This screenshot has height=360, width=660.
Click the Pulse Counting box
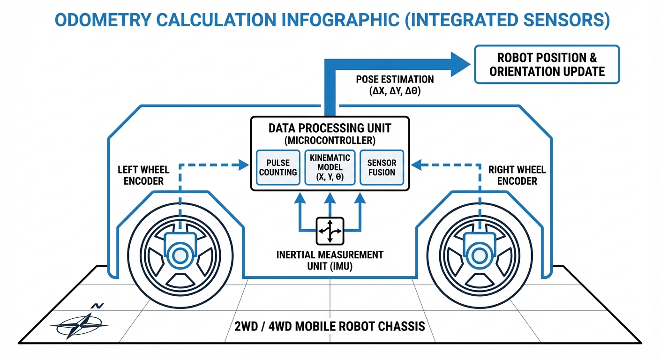[278, 168]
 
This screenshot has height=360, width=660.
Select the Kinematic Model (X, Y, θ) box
[330, 168]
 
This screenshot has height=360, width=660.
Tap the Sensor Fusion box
[382, 168]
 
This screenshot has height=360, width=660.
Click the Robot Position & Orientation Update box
[547, 64]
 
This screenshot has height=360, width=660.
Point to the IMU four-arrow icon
[330, 231]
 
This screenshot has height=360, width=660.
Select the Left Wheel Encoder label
[143, 175]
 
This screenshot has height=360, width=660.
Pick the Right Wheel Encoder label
[517, 175]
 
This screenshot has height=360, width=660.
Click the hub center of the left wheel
[179, 255]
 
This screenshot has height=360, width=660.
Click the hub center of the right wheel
[479, 255]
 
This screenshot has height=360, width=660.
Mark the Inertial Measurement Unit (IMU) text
[330, 260]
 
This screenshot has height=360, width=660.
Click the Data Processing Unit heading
[330, 128]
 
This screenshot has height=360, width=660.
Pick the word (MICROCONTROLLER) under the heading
[330, 140]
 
